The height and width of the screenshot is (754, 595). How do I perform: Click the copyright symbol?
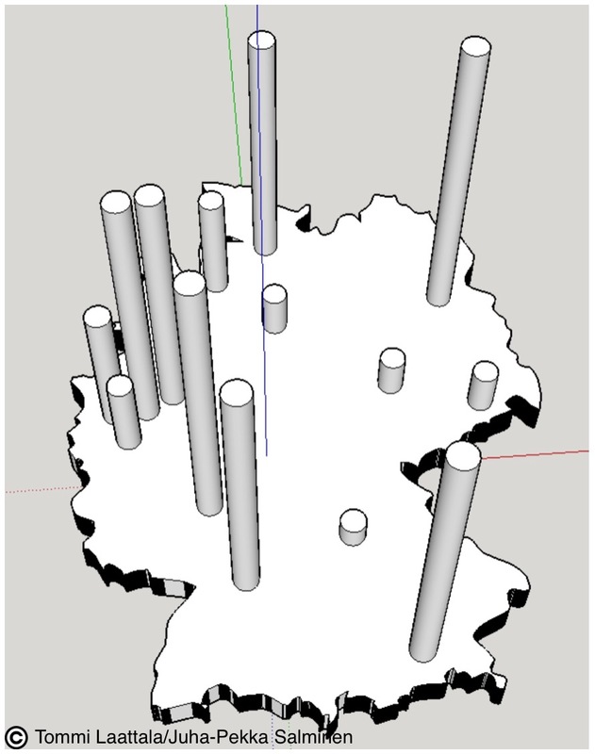coord(16,736)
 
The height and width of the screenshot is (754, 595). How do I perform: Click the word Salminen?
coord(314,736)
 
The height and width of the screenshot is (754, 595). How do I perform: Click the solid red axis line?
coord(535,454)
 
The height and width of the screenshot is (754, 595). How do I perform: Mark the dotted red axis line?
coord(44,490)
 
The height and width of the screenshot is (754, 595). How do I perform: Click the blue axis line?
coord(261,231)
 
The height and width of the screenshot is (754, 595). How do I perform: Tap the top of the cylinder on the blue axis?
coord(261,40)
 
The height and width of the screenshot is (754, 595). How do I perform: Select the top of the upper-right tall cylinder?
coord(475,46)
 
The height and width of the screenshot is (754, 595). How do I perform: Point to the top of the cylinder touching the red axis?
coord(463,454)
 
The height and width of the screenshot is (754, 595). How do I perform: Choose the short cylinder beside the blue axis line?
coord(274,309)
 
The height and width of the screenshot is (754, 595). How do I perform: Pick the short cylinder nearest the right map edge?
coord(483,385)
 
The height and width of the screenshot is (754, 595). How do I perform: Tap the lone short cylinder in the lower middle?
coord(353,528)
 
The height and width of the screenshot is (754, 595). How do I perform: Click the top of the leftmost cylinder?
coord(98,316)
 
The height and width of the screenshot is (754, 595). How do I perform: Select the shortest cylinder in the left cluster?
coord(124,412)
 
